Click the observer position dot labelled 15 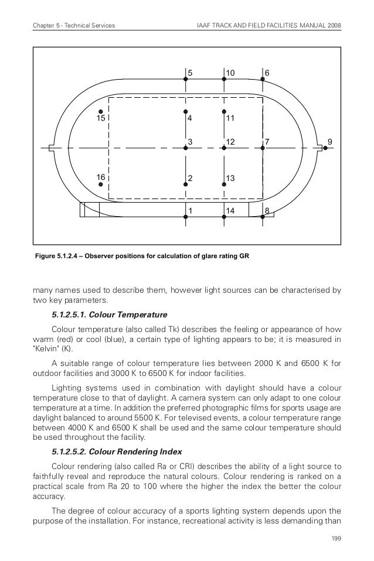pyautogui.click(x=101, y=111)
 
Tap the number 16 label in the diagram pyautogui.click(x=101, y=176)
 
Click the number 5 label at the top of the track pyautogui.click(x=190, y=72)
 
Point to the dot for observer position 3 pyautogui.click(x=185, y=148)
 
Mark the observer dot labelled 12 pyautogui.click(x=224, y=148)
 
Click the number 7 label pyautogui.click(x=267, y=142)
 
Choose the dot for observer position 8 pyautogui.click(x=263, y=217)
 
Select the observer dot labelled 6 pyautogui.click(x=263, y=78)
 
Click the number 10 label pyautogui.click(x=230, y=72)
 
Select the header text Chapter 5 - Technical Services pyautogui.click(x=73, y=26)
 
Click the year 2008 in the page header pyautogui.click(x=332, y=26)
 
